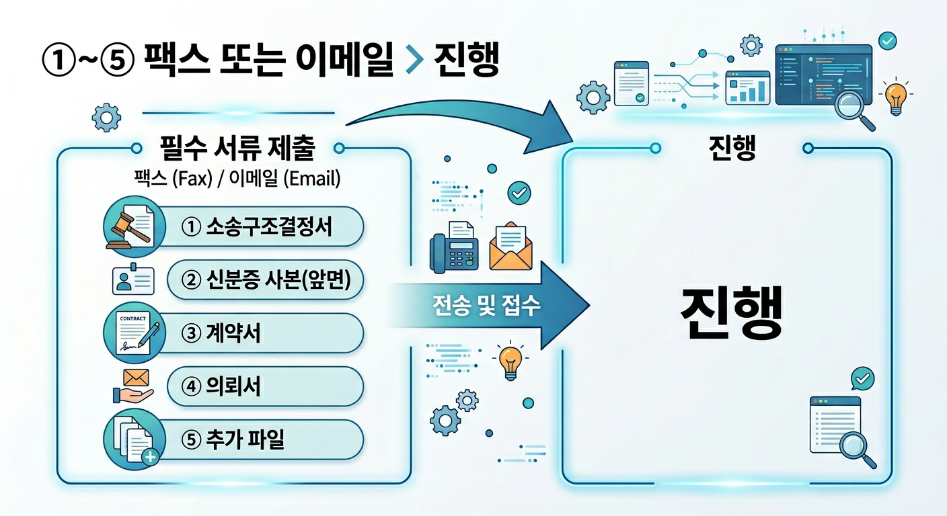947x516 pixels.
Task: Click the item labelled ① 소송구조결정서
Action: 266,226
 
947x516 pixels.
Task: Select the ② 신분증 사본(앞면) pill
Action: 266,280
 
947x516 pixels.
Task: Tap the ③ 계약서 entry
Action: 266,334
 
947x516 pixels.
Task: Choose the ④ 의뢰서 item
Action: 266,386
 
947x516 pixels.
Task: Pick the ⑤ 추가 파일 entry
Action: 266,440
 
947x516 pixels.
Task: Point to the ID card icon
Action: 133,281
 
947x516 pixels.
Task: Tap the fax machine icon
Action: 454,246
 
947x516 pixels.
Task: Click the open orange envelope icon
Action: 510,247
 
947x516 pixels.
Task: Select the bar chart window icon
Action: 747,88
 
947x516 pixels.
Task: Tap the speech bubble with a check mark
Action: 862,379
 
